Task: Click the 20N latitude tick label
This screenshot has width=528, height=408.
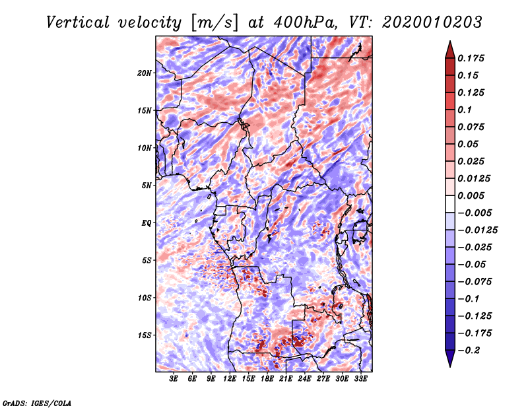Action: point(145,73)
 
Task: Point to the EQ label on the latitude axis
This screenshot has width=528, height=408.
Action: point(146,223)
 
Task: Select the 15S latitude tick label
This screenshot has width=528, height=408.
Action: point(145,335)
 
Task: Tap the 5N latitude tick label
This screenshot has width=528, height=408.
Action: point(147,186)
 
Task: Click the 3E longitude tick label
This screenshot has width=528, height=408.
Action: point(174,379)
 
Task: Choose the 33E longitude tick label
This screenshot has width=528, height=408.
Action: point(360,379)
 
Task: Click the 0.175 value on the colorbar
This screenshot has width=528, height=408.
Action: point(473,58)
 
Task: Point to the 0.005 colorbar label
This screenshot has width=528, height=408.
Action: point(473,195)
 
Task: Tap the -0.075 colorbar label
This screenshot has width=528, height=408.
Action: point(475,281)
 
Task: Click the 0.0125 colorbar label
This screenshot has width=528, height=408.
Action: point(475,178)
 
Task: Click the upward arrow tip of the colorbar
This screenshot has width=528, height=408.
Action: point(449,43)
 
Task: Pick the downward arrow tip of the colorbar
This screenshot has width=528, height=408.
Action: point(449,365)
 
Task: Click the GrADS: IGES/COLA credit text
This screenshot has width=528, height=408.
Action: point(37,402)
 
